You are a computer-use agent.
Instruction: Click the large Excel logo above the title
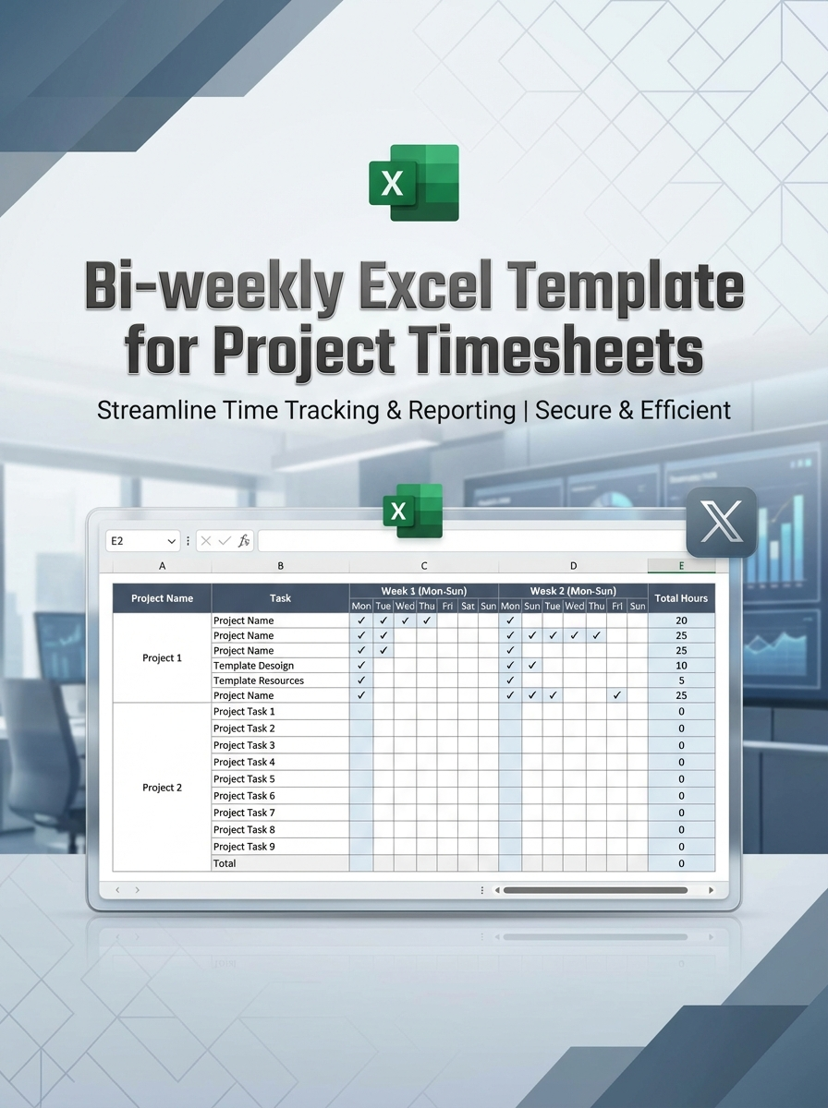[x=414, y=183]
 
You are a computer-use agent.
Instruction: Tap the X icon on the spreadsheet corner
[x=722, y=523]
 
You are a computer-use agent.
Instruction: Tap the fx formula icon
[x=244, y=541]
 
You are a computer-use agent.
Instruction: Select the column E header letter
[x=681, y=566]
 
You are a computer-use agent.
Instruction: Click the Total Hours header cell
[x=681, y=598]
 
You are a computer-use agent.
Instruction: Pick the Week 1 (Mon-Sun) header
[x=424, y=591]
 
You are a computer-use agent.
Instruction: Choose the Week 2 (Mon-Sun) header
[x=573, y=591]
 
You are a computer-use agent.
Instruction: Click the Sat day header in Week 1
[x=468, y=607]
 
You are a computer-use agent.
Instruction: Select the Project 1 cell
[x=162, y=658]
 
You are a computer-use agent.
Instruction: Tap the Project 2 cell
[x=162, y=788]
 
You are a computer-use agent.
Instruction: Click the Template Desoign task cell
[x=253, y=666]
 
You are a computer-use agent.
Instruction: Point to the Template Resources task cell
[x=258, y=680]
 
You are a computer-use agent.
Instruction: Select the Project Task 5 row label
[x=244, y=779]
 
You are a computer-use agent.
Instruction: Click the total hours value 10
[x=681, y=666]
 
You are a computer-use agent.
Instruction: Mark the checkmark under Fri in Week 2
[x=616, y=695]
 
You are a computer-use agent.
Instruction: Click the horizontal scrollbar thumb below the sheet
[x=595, y=890]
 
